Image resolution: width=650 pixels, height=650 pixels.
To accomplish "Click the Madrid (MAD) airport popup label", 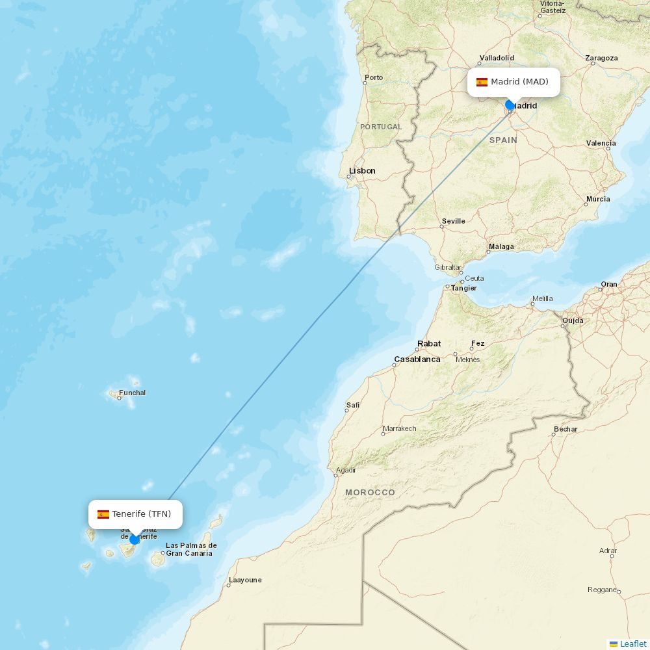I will click(x=513, y=82).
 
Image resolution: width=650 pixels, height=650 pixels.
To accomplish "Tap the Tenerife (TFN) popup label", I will click(x=135, y=514).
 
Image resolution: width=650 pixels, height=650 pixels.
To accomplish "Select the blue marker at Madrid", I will click(x=510, y=105).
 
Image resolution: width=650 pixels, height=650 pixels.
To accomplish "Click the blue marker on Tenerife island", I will click(x=135, y=539).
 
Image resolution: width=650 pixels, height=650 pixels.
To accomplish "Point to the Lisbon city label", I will click(x=362, y=171).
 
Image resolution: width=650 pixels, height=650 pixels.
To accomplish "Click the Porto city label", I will click(x=374, y=78).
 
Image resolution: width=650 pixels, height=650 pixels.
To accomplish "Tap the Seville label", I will click(x=453, y=221).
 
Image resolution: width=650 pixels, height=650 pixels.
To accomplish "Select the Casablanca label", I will click(x=417, y=359).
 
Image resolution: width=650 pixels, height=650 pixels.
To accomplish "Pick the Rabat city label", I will click(x=429, y=344).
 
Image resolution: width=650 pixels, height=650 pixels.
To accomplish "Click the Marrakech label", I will click(x=399, y=429).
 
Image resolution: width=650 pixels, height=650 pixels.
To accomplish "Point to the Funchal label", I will click(x=133, y=393).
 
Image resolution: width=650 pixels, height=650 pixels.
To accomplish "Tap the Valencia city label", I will click(x=601, y=143).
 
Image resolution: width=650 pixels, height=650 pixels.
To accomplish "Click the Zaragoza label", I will click(x=601, y=58).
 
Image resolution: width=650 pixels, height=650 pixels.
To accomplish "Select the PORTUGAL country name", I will click(x=381, y=127).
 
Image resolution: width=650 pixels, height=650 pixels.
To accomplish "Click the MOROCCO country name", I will click(x=370, y=493).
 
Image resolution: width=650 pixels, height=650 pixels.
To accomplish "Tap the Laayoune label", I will click(x=245, y=580).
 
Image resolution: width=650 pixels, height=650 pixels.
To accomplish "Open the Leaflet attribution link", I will click(x=632, y=643).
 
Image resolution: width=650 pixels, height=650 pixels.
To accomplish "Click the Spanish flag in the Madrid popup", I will click(x=482, y=82).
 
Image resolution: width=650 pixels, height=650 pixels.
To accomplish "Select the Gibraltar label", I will click(x=448, y=267).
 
